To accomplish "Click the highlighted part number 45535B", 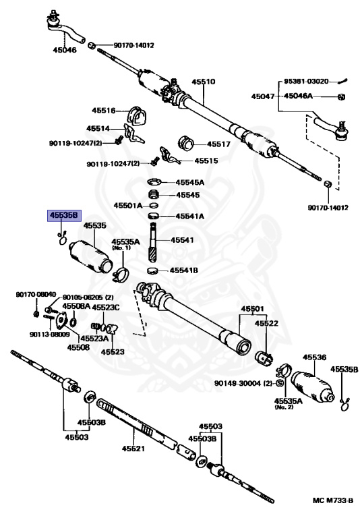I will [x=63, y=216].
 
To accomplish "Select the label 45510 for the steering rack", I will [x=203, y=82].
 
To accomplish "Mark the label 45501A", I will [x=128, y=205].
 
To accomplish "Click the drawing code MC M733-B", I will [x=332, y=501].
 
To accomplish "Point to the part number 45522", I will [x=266, y=324].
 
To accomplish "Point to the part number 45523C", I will [x=106, y=308].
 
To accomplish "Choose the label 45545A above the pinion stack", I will [x=190, y=182].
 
